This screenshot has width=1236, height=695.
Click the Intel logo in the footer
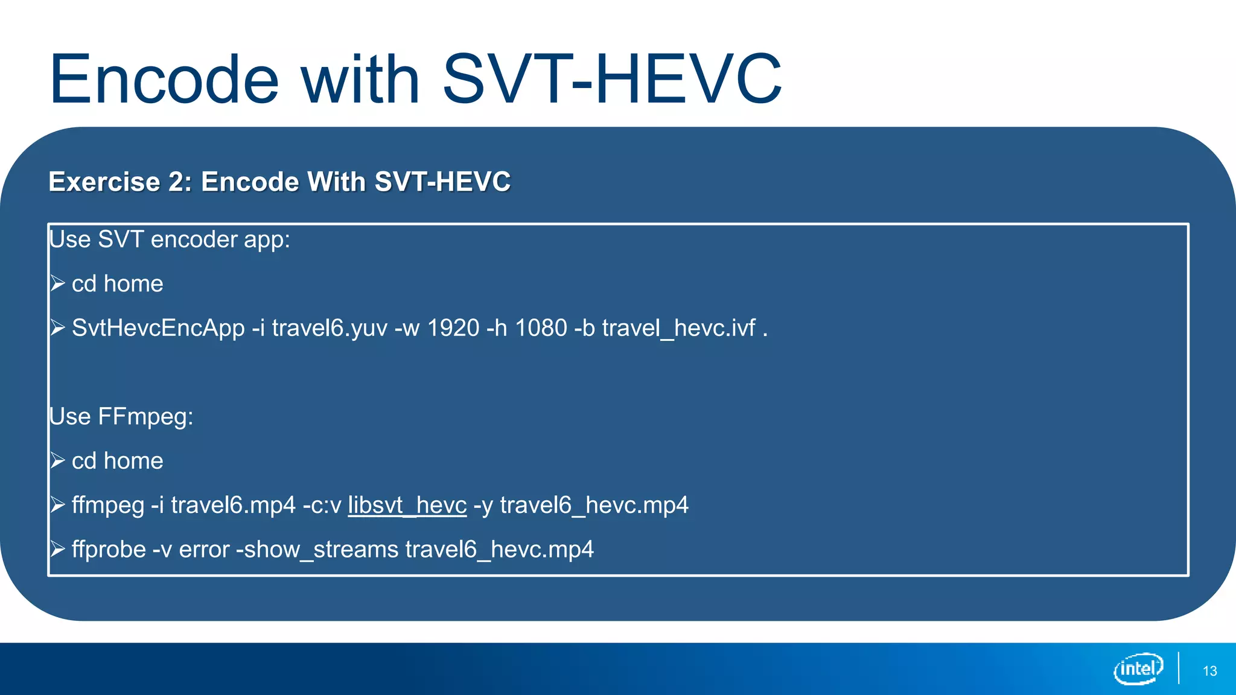(1138, 668)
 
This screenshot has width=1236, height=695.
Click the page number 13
(1209, 671)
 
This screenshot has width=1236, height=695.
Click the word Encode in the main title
(164, 80)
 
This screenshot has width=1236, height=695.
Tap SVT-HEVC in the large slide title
(612, 80)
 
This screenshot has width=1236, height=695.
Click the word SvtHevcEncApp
(158, 328)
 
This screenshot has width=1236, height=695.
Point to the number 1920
(453, 328)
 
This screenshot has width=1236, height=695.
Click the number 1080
(541, 328)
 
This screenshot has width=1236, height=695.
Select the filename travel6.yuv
(330, 328)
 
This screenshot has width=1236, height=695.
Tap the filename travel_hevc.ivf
(678, 328)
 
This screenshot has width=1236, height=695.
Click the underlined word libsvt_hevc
(407, 505)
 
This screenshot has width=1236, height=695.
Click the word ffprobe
(109, 550)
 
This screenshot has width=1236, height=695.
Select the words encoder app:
(220, 240)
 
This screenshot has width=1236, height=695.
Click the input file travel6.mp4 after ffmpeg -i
(233, 505)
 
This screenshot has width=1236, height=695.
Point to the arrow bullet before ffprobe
(57, 549)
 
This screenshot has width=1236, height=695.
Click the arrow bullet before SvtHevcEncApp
(57, 328)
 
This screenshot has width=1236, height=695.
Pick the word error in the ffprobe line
(204, 550)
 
